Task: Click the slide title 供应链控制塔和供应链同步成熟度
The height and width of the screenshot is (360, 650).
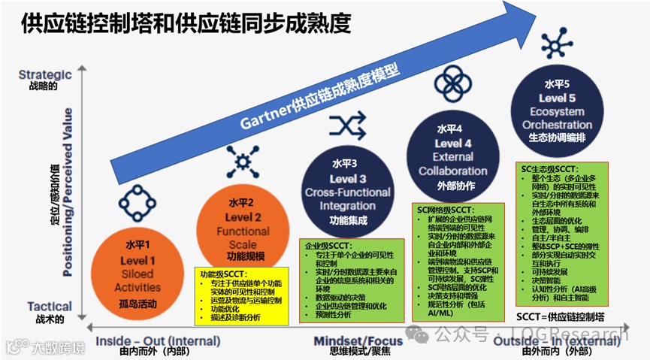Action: [x=186, y=24]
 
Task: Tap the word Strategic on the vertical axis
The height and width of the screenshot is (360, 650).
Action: [x=45, y=74]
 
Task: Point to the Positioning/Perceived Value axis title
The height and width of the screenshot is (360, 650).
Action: [x=68, y=192]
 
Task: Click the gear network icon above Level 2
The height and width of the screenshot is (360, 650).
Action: [x=242, y=162]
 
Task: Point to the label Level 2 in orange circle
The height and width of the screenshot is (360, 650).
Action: [x=243, y=218]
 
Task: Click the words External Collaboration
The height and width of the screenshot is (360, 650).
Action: [x=453, y=164]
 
